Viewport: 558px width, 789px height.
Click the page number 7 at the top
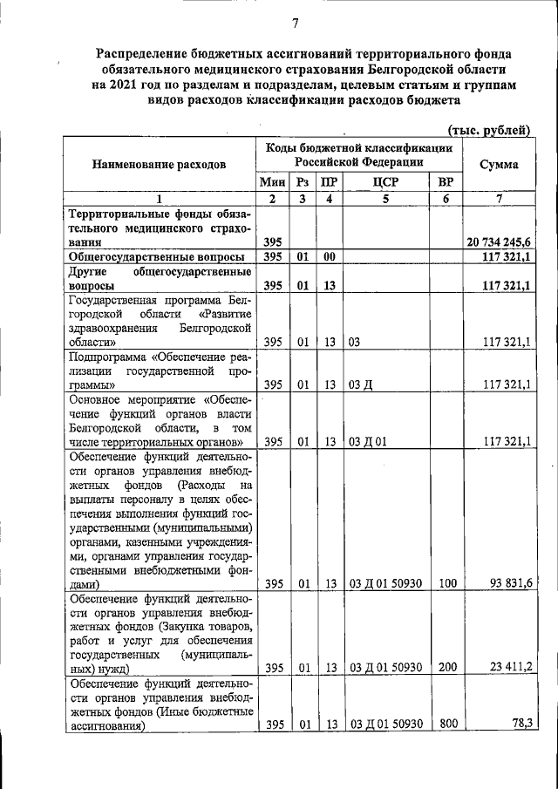tap(295, 23)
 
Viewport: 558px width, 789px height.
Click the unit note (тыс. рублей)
tap(488, 130)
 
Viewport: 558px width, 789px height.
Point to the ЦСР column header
tap(384, 183)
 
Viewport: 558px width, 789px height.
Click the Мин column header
tap(272, 183)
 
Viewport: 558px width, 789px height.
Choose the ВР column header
tap(446, 183)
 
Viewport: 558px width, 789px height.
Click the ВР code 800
tap(446, 724)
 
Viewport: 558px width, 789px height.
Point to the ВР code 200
tap(446, 669)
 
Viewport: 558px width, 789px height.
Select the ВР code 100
tap(446, 584)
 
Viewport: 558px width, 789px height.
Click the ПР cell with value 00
tap(329, 256)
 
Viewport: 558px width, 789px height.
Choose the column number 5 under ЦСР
tap(384, 199)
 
